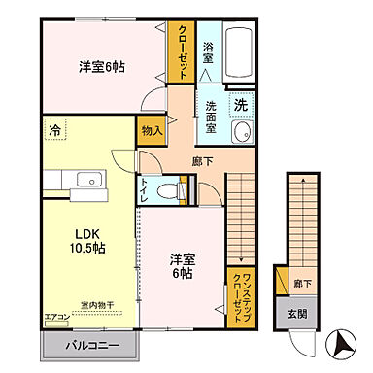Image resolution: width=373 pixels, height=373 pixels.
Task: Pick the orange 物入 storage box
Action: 151,129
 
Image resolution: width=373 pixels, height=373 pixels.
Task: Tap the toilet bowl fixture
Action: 170,190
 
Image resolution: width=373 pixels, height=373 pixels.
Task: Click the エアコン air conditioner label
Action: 57,317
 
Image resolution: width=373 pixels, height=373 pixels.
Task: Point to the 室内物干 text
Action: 98,306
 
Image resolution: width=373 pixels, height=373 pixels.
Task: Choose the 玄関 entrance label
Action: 296,315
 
